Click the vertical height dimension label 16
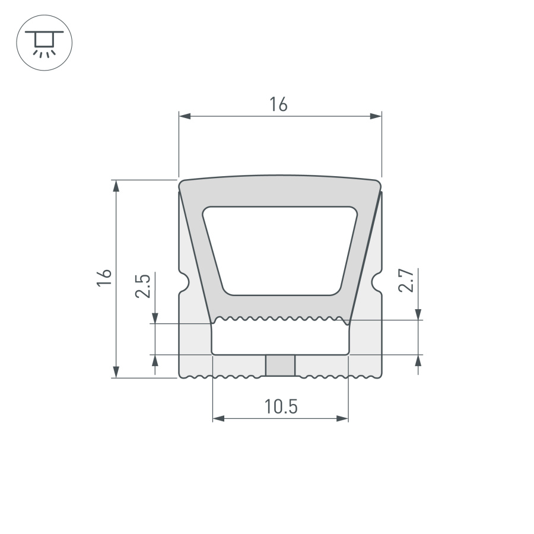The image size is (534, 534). click(x=104, y=278)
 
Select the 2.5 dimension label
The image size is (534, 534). click(x=142, y=285)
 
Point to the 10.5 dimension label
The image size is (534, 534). click(x=280, y=407)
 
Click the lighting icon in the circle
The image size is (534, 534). click(x=44, y=44)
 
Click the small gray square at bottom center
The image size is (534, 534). click(x=280, y=365)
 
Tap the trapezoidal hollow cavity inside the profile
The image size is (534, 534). click(x=280, y=249)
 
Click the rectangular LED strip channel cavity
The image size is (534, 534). click(x=280, y=338)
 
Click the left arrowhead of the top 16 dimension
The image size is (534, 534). click(x=185, y=116)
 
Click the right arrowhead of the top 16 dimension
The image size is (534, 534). click(x=376, y=116)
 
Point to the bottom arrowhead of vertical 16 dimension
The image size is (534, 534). click(x=116, y=372)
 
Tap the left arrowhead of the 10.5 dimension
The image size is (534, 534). click(x=218, y=419)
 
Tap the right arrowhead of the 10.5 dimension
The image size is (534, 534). click(x=342, y=419)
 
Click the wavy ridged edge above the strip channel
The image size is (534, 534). click(x=280, y=319)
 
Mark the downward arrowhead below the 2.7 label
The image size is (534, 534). click(x=419, y=314)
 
